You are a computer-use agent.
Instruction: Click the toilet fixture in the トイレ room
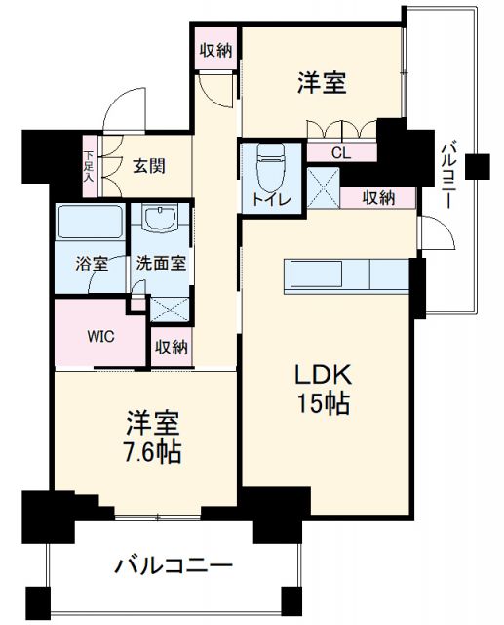point(271,167)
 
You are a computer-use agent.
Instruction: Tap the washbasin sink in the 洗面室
point(160,219)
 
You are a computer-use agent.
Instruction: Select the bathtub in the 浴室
point(90,222)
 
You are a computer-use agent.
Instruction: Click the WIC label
point(101,337)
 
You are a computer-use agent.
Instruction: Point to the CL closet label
point(341,153)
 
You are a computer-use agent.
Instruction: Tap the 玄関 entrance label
point(149,166)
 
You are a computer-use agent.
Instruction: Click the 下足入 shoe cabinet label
point(89,167)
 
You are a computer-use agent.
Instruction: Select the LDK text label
point(323,375)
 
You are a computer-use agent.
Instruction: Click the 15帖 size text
point(323,404)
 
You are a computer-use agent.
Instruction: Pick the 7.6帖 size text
point(153,452)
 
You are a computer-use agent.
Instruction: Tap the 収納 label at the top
point(215,50)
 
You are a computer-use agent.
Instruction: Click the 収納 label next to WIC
point(171,348)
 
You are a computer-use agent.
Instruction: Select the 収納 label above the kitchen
point(378,198)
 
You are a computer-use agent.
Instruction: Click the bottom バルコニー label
point(174,566)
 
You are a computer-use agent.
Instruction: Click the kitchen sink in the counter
point(316,273)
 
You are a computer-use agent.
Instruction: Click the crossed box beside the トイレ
point(324,187)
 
